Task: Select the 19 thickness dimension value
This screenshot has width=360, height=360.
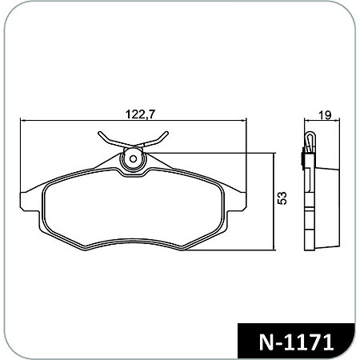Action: click(x=324, y=114)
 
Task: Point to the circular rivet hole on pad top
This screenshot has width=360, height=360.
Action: click(x=133, y=161)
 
